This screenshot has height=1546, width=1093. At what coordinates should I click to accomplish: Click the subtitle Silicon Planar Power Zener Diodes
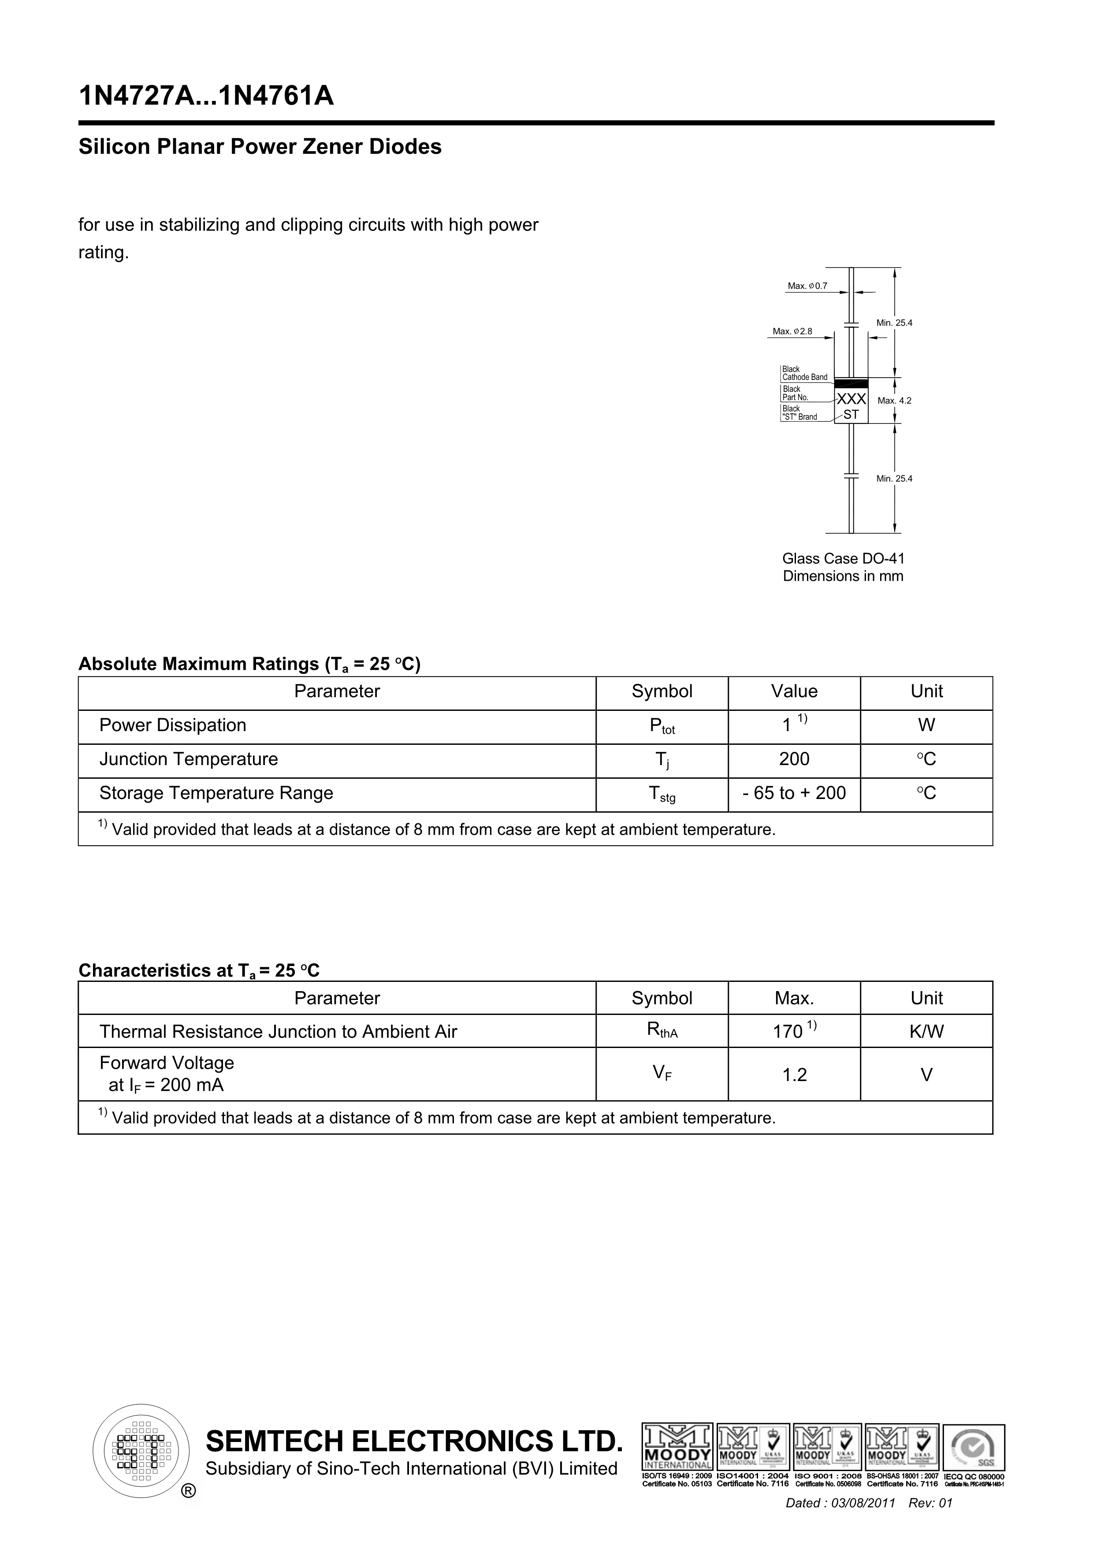click(260, 147)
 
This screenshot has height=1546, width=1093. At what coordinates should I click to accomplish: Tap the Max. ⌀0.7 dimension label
click(807, 286)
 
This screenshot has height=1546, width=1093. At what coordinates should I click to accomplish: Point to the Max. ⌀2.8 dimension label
click(792, 331)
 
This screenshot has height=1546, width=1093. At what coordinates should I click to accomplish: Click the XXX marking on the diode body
click(851, 399)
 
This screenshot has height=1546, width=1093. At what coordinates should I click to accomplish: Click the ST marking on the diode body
click(851, 415)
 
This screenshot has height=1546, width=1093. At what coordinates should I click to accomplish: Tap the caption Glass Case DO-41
click(843, 559)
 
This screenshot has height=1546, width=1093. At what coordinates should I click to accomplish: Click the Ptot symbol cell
click(662, 727)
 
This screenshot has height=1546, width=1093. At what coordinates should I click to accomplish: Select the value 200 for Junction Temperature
click(794, 759)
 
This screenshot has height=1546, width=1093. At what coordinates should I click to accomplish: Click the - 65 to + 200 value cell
click(794, 793)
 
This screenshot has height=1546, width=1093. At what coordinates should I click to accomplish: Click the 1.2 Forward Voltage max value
click(794, 1075)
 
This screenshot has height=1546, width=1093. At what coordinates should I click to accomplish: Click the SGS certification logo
click(974, 1448)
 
